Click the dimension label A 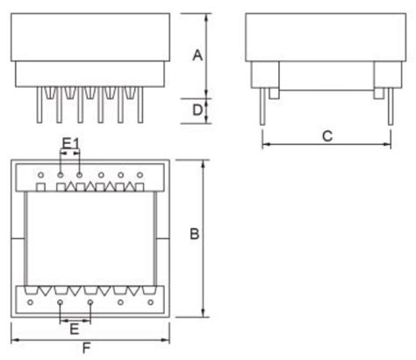(198, 55)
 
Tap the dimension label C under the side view (326, 135)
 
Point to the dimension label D (198, 110)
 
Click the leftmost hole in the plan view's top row (40, 175)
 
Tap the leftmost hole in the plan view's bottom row (31, 302)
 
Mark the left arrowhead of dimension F (13, 337)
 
